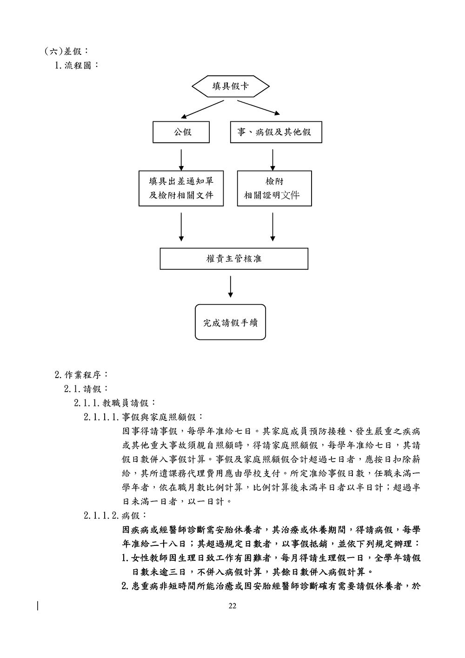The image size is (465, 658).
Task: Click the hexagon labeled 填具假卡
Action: tap(231, 86)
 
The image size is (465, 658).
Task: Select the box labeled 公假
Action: tap(181, 132)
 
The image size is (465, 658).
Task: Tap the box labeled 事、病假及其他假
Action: tap(276, 132)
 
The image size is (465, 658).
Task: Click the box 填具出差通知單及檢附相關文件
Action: tap(181, 188)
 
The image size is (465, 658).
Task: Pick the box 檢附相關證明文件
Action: tap(274, 188)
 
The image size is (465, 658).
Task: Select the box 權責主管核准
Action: tap(234, 259)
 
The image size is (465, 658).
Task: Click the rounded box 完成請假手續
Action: tap(230, 322)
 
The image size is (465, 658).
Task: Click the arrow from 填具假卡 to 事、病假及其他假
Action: tap(258, 107)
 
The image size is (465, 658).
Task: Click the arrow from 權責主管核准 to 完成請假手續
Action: tap(231, 287)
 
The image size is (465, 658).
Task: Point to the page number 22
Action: tap(232, 605)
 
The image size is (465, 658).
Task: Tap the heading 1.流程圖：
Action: tap(77, 65)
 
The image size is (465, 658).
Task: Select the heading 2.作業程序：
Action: tap(81, 374)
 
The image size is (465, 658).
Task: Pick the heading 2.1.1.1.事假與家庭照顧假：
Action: tap(143, 417)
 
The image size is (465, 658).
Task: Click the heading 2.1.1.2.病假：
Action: tap(116, 515)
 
